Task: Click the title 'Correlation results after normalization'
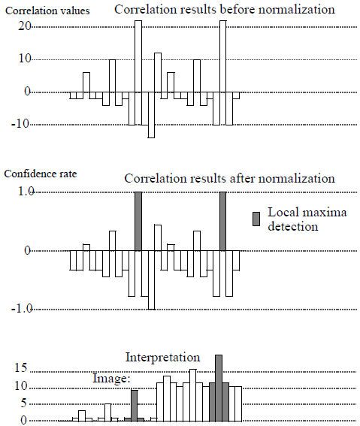[229, 179]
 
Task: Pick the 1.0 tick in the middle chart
[24, 192]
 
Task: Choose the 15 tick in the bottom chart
[21, 369]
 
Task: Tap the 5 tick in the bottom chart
[24, 403]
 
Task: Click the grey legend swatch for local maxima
[256, 219]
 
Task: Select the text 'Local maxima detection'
[293, 219]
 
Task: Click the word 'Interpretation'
[163, 357]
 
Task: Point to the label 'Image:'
[112, 379]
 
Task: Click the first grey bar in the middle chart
[138, 222]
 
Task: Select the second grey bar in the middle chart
[222, 222]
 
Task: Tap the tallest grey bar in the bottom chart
[219, 388]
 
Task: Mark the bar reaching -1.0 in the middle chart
[151, 279]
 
